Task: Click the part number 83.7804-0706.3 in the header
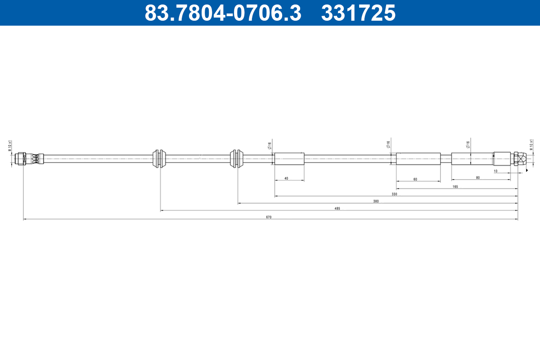coord(223,13)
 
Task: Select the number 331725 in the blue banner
coord(358,13)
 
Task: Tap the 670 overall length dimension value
coord(269,217)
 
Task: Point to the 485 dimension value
coord(337,208)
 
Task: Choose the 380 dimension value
coord(376,201)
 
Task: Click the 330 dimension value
coord(394,194)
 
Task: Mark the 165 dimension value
coord(455,186)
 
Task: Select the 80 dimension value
coord(477,178)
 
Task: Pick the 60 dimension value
coord(415,179)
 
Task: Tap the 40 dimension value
coord(286,179)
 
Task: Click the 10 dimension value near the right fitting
coord(495,171)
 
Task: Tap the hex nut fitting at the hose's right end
coord(520,159)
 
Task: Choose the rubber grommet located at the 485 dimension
coord(160,158)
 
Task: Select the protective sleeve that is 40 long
coord(289,159)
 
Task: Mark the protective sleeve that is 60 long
coord(418,159)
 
